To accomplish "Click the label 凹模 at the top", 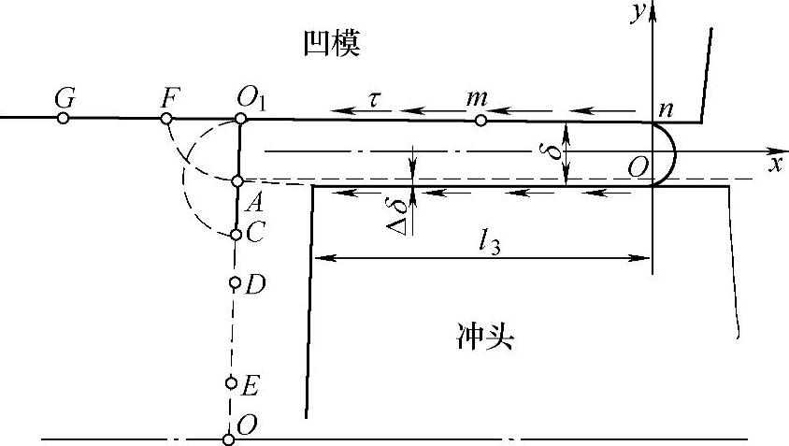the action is pyautogui.click(x=332, y=43).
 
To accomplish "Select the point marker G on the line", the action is pyautogui.click(x=63, y=118).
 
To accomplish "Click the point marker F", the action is pyautogui.click(x=166, y=118).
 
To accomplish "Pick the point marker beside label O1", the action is pyautogui.click(x=240, y=118).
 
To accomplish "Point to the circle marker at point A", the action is pyautogui.click(x=237, y=180).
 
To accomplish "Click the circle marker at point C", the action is pyautogui.click(x=236, y=234).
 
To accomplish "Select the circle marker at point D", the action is pyautogui.click(x=234, y=281).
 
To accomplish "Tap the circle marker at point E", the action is pyautogui.click(x=231, y=381).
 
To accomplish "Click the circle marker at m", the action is pyautogui.click(x=481, y=120).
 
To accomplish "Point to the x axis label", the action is pyautogui.click(x=774, y=165).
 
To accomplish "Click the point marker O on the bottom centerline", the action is pyautogui.click(x=228, y=439).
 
